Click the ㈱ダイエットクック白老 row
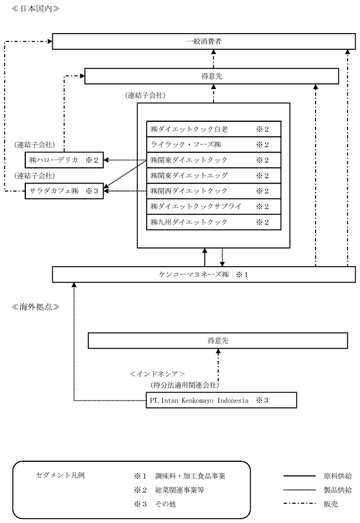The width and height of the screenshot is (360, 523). pos(214,129)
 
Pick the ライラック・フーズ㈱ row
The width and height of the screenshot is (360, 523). pos(214,145)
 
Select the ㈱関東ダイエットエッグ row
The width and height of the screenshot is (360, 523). pos(214,175)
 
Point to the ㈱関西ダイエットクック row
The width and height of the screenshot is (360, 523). pos(214,191)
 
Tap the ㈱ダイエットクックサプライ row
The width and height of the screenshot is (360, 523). pos(214,207)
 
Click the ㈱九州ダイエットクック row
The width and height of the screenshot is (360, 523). pos(214,222)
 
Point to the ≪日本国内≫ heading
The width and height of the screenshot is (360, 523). pos(35,8)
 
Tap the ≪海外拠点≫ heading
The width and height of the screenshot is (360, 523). pos(35,307)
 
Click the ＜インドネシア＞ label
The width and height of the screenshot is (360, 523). pos(157,374)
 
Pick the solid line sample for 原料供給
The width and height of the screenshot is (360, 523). pos(299,476)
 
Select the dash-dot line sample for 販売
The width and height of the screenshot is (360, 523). pos(299,504)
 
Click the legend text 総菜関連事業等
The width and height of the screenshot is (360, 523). pos(180,490)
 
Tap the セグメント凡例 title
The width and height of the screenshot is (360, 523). pos(60,475)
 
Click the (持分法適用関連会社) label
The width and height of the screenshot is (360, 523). pos(185,385)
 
